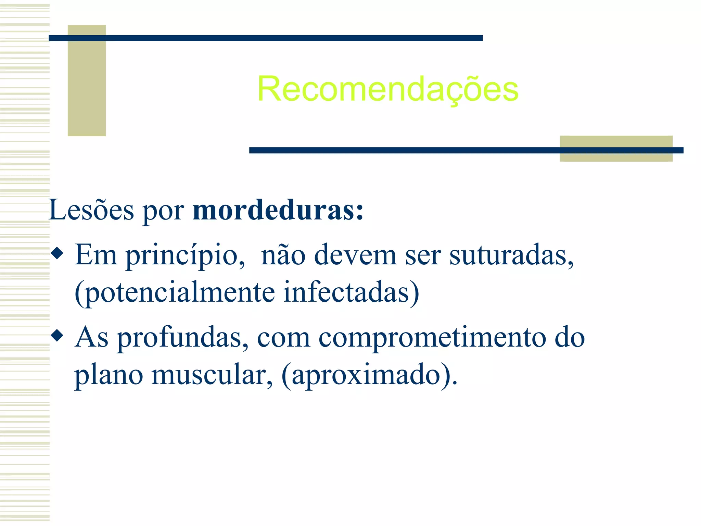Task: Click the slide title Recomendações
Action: coord(388,89)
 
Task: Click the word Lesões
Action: coord(91,210)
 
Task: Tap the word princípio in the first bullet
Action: coord(181,255)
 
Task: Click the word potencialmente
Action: coord(175,292)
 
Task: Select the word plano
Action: coord(109,375)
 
